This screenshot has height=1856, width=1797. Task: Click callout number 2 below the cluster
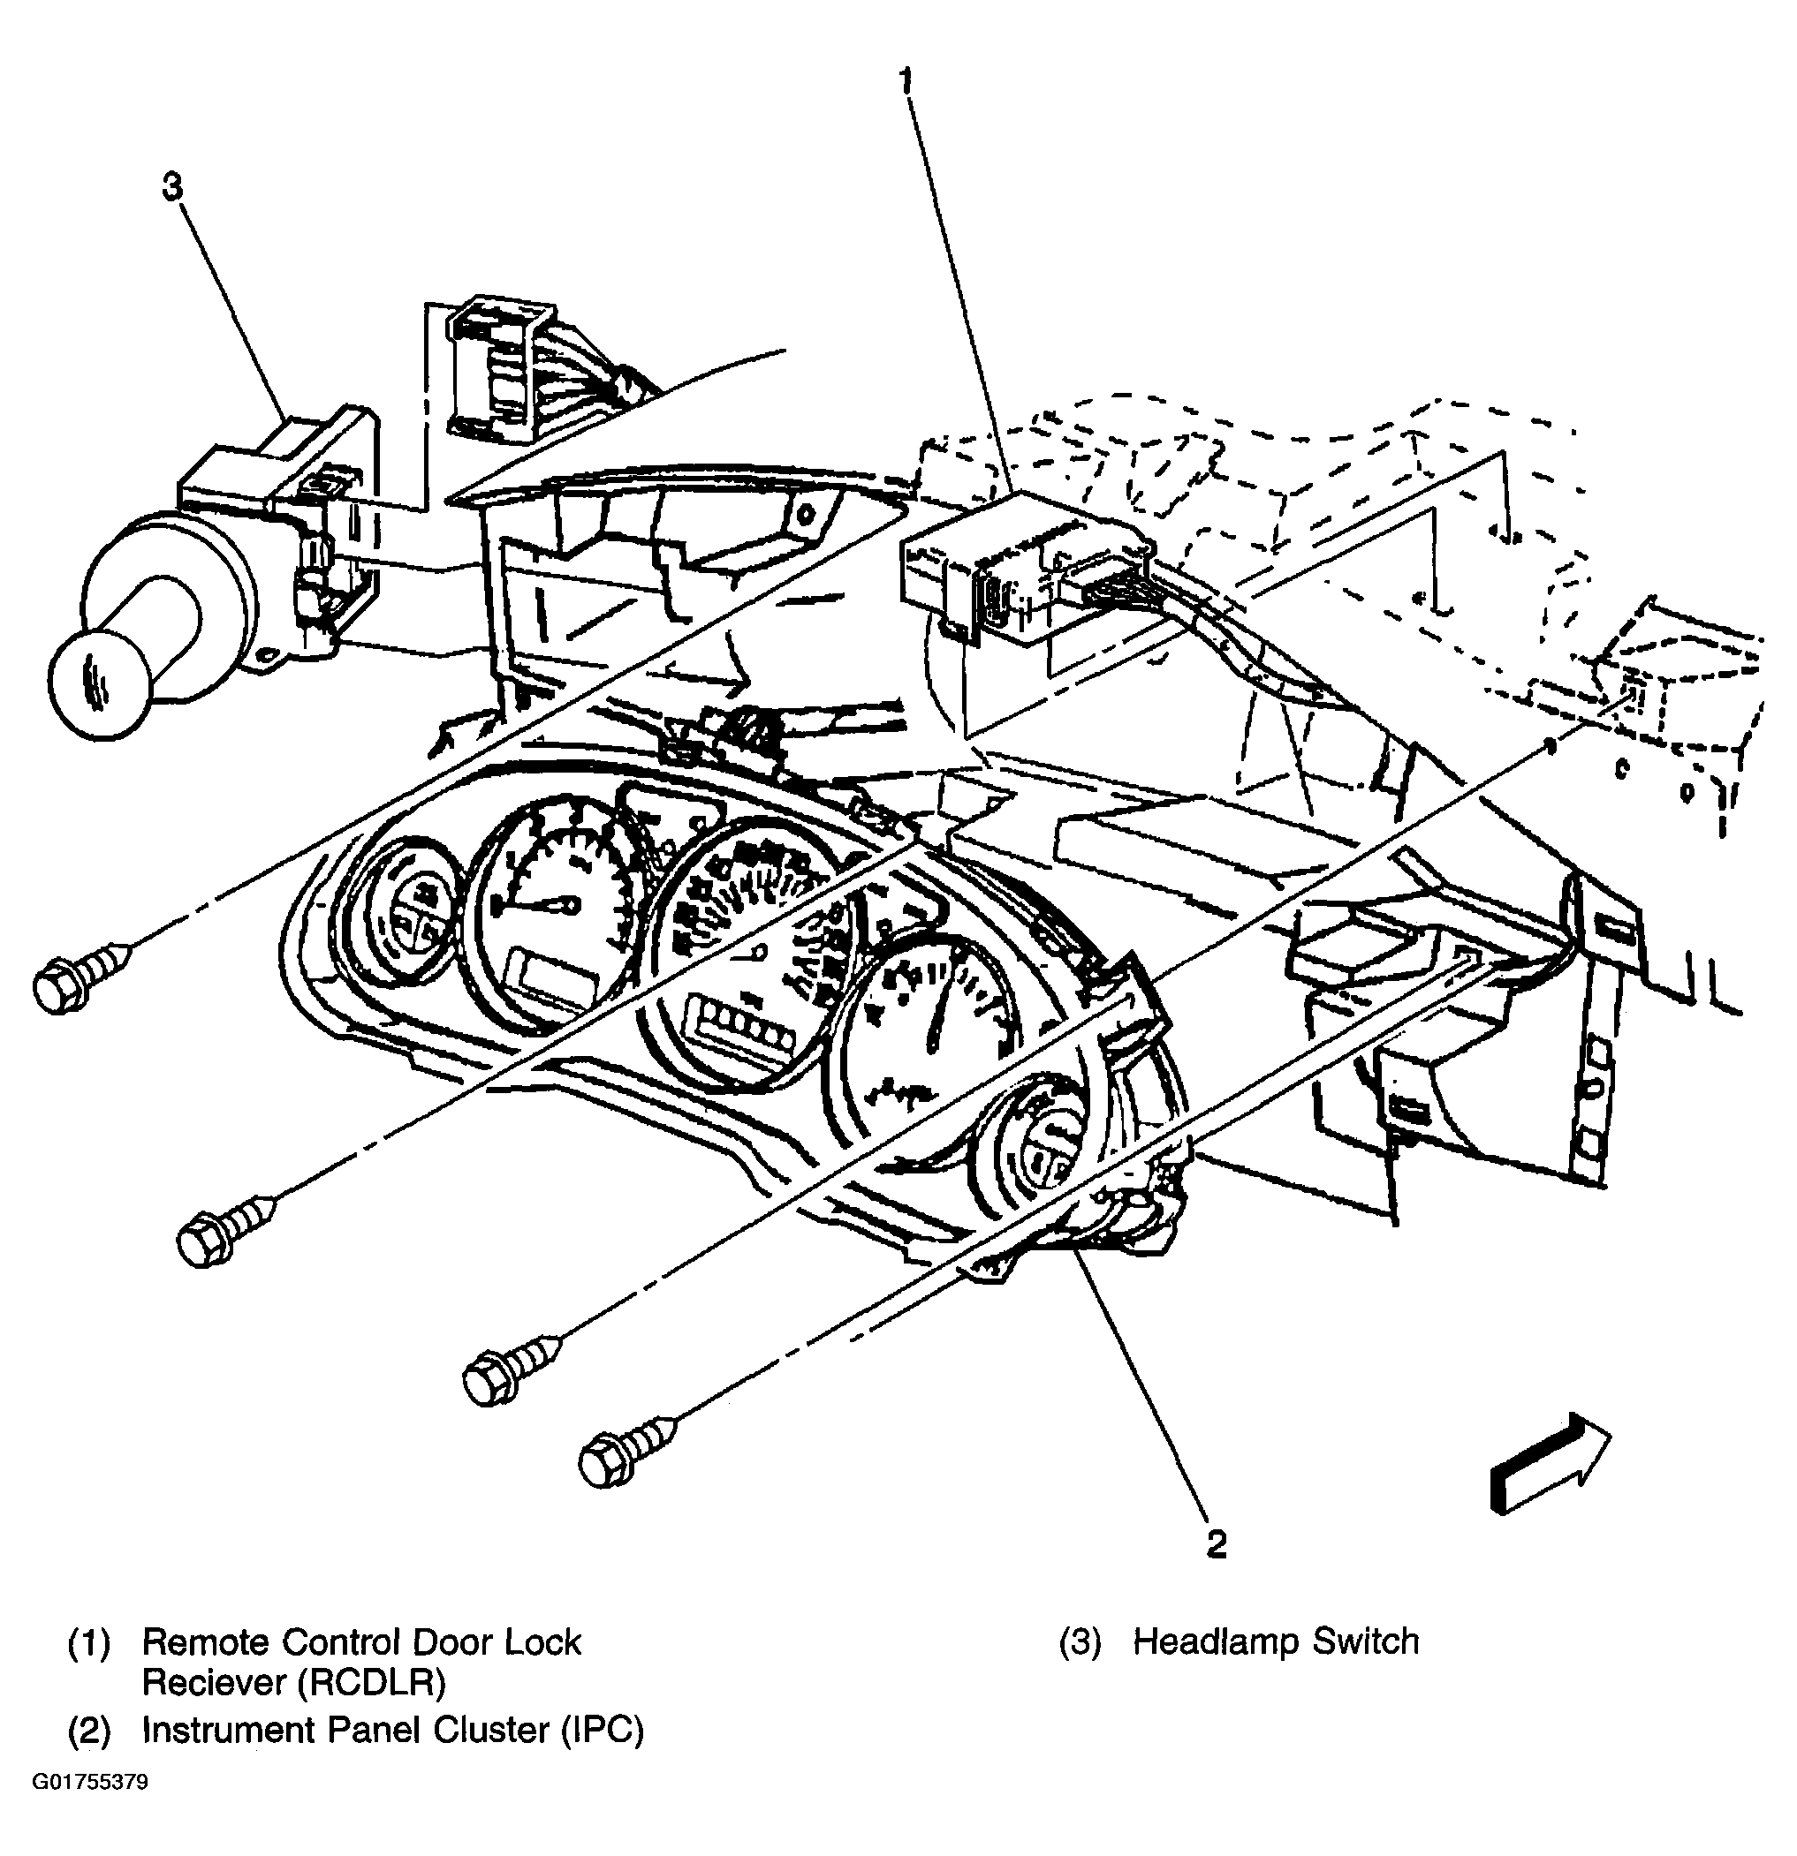(1217, 1544)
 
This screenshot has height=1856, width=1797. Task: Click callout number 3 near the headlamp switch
(171, 187)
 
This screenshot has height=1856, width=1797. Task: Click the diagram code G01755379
(91, 1782)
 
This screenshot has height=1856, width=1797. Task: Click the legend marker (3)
(1079, 1642)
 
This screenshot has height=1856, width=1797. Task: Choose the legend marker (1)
(88, 1642)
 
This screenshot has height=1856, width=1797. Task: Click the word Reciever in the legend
(213, 1683)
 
